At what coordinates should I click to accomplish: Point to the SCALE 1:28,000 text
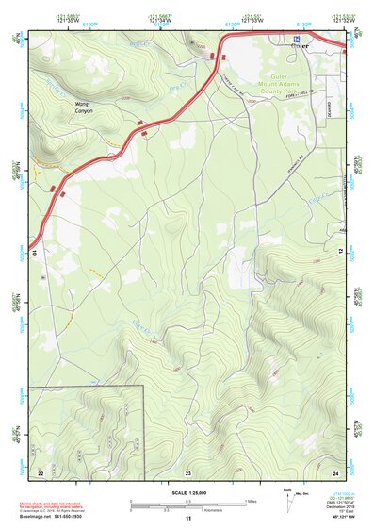coord(188,493)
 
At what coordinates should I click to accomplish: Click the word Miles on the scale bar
coord(252,500)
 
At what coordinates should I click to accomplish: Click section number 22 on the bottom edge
coord(41,471)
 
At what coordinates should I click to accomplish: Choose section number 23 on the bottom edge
coord(187,471)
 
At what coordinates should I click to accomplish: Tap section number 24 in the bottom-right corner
coord(336,471)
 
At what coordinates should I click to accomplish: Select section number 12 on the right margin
coord(340,253)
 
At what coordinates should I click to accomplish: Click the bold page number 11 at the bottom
coord(187,518)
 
